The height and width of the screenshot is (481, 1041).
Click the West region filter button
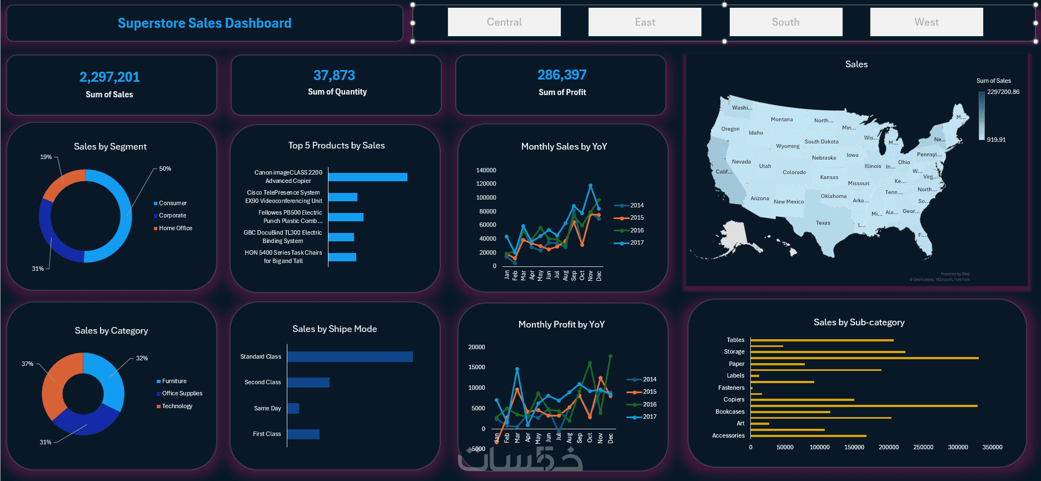coord(927,22)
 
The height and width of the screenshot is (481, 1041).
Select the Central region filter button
coord(504,22)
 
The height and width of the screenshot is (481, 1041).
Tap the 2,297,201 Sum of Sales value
coord(109,77)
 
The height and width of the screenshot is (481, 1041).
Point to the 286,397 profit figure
coord(562,75)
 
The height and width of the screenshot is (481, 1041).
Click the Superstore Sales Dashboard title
coord(205,23)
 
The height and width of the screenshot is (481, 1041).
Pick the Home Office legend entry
coord(175,228)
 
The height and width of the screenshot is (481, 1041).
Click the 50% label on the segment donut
coord(165,168)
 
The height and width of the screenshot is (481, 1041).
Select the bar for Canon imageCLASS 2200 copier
coord(367,177)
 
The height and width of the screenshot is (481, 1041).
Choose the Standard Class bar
coord(350,356)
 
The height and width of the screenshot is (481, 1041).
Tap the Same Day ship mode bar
coord(293,408)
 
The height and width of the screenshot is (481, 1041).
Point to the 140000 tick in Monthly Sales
coord(486,170)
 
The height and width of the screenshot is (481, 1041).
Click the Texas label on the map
coord(823,223)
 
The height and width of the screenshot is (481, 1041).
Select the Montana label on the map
coord(781,120)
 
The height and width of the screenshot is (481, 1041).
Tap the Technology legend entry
coord(177,406)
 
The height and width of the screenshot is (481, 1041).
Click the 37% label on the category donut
coord(27,364)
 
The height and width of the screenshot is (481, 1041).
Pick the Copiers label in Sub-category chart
coord(734,399)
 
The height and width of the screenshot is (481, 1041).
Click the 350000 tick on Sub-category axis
coord(992,447)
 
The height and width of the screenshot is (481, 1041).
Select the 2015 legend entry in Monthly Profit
coord(649,391)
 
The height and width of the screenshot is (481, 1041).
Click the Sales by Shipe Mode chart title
coord(335,329)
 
